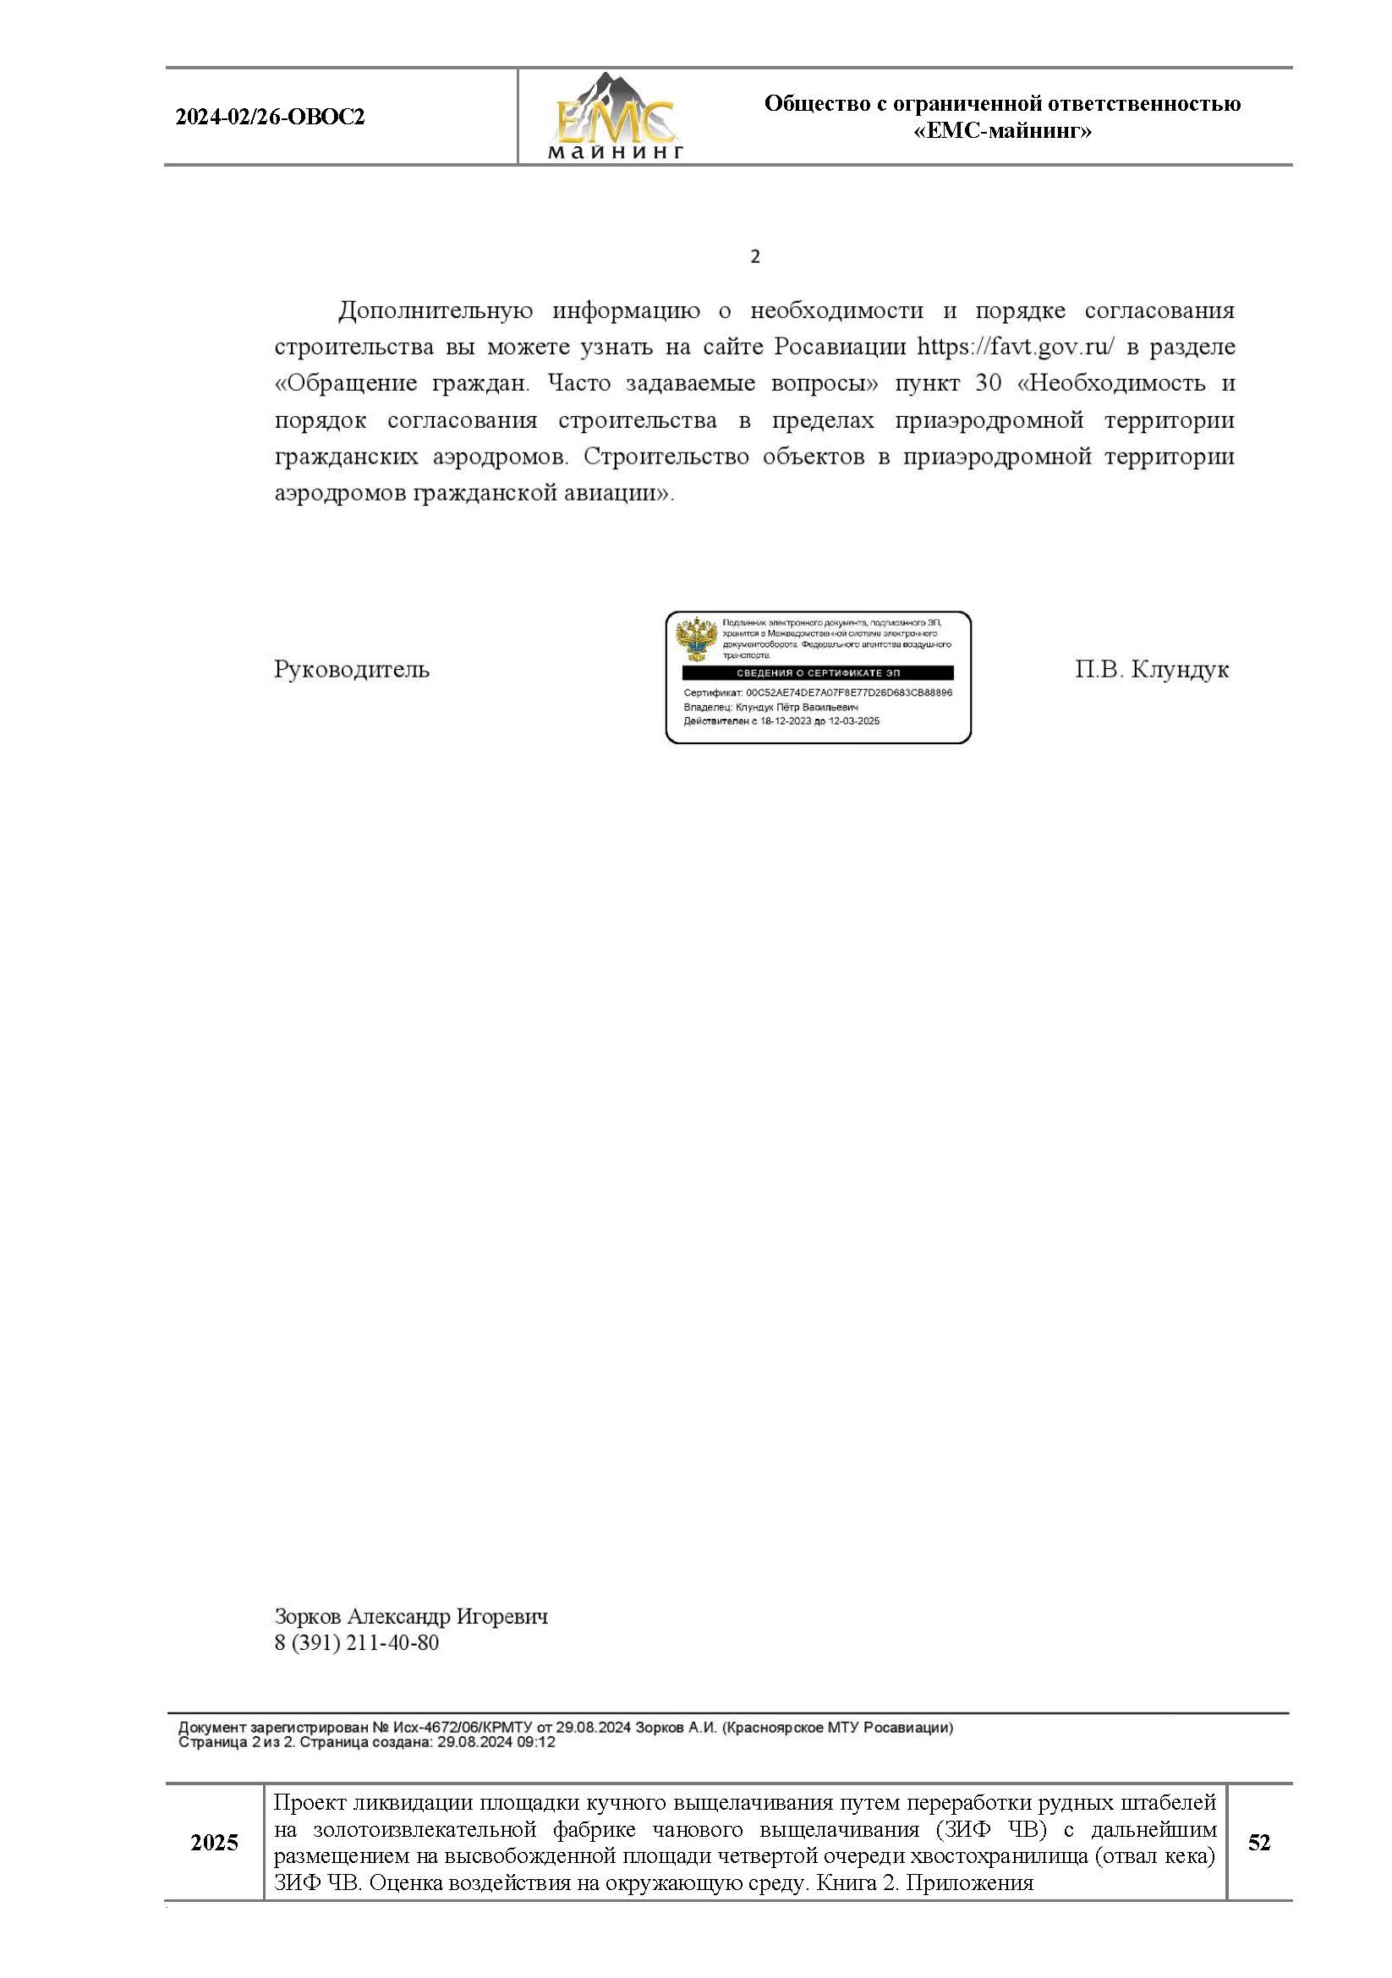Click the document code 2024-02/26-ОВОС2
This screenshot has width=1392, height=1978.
coord(270,118)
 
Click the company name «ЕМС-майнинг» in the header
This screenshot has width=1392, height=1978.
coord(1002,131)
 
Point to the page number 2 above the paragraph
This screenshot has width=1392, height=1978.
coord(754,257)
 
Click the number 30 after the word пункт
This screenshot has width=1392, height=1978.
coord(988,383)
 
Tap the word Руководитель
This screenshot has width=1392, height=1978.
coord(352,670)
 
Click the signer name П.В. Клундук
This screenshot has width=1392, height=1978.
coord(1151,670)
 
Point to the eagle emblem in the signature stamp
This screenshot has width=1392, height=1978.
coord(696,638)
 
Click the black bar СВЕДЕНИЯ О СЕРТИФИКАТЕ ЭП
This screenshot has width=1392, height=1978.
coord(818,673)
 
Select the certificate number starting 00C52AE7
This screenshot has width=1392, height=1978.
coord(848,693)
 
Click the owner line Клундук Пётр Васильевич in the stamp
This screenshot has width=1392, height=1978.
coord(797,707)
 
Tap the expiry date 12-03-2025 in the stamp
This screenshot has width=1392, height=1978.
coord(853,721)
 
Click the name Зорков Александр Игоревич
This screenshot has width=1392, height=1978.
coord(411,1616)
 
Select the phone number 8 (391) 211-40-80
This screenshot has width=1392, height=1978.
coord(357,1643)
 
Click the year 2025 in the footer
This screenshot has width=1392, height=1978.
coord(214,1843)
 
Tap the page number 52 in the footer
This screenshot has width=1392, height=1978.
coord(1258,1843)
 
